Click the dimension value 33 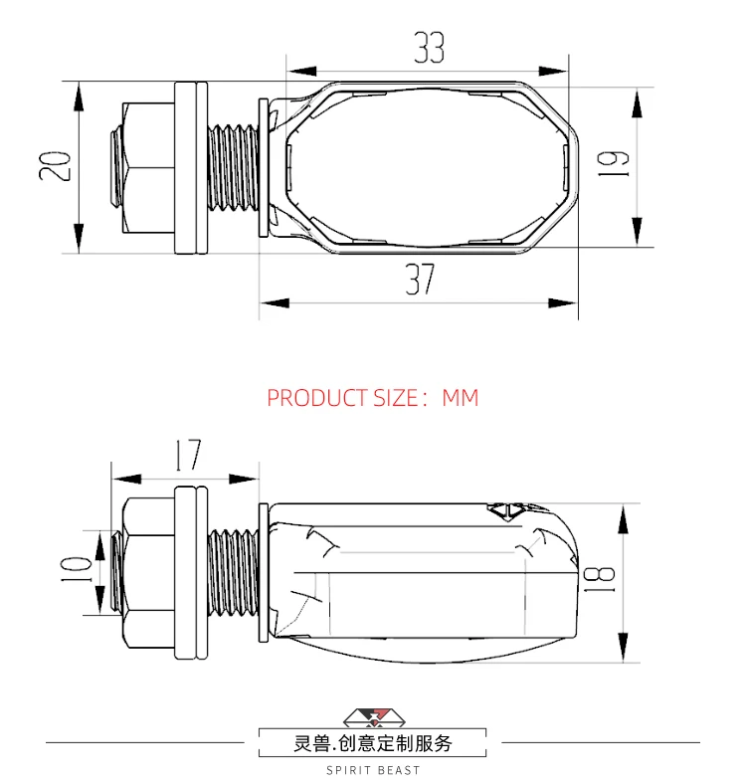pyautogui.click(x=429, y=48)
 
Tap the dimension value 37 pyautogui.click(x=420, y=280)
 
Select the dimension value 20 pyautogui.click(x=55, y=166)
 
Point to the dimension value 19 pyautogui.click(x=613, y=163)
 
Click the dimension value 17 pyautogui.click(x=189, y=455)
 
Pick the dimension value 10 pyautogui.click(x=76, y=569)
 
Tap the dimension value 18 pyautogui.click(x=599, y=580)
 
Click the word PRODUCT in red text pyautogui.click(x=317, y=398)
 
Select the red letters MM pyautogui.click(x=461, y=398)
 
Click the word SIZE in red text pyautogui.click(x=396, y=398)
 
